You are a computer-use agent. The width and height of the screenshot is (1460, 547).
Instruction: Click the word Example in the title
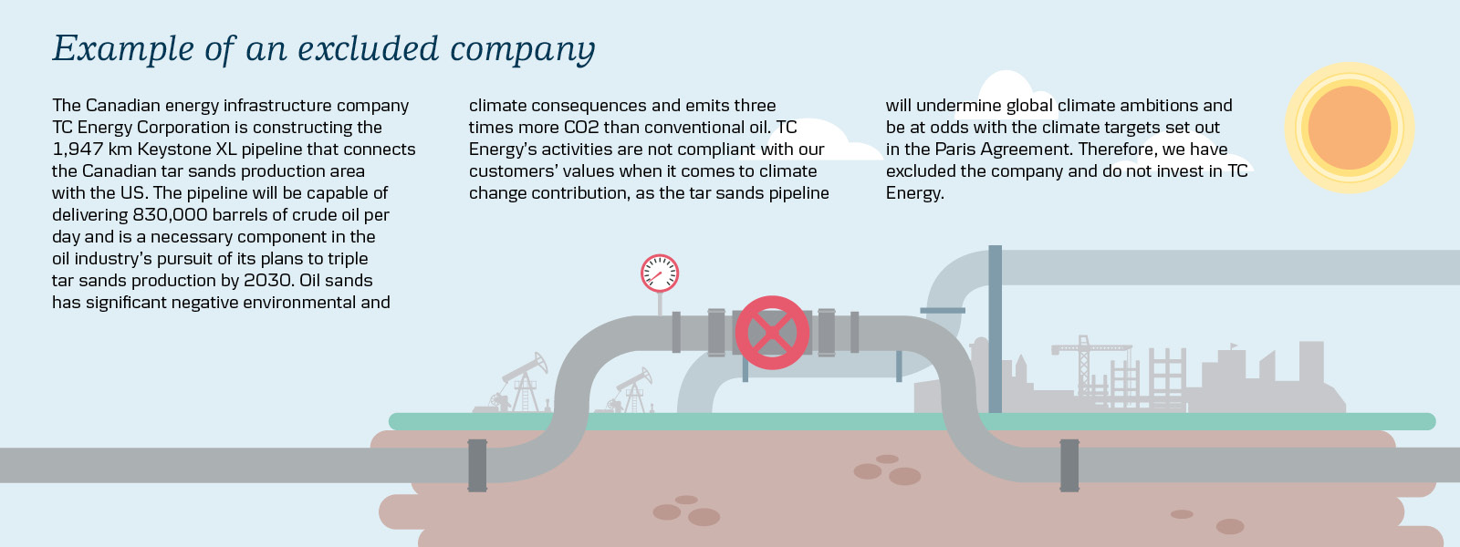pos(123,49)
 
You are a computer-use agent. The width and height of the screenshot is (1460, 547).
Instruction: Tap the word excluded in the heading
pos(369,49)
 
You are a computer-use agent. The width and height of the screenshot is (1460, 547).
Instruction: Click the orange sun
pos(1350,128)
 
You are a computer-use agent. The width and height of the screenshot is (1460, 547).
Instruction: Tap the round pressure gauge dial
pos(660,273)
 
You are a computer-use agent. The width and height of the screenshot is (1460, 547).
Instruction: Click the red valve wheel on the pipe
pos(772,333)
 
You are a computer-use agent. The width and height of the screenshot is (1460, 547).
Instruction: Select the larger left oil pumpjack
pos(518,384)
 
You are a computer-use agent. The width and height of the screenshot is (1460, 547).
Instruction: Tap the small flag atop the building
pos(1233,346)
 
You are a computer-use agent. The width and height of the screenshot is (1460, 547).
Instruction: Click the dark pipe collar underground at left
pos(477,466)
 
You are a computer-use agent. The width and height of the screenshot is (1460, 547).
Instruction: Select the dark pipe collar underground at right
pos(1069,466)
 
